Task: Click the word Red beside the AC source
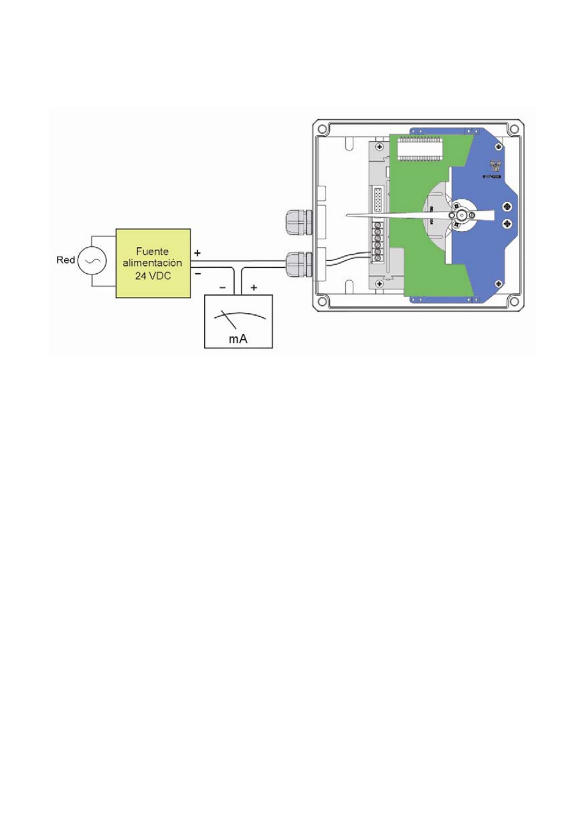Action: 65,260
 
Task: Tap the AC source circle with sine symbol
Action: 92,261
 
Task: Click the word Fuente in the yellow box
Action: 152,251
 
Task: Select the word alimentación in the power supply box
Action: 152,263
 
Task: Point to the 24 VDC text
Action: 153,276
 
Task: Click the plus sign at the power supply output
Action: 197,252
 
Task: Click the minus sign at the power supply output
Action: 197,274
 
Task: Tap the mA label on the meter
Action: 238,339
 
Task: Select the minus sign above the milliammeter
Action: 222,287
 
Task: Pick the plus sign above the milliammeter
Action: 254,287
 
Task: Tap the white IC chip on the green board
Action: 420,149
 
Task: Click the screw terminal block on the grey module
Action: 378,241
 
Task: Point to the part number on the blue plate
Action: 491,177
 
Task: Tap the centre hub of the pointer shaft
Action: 461,215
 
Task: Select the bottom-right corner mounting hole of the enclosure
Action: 514,301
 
